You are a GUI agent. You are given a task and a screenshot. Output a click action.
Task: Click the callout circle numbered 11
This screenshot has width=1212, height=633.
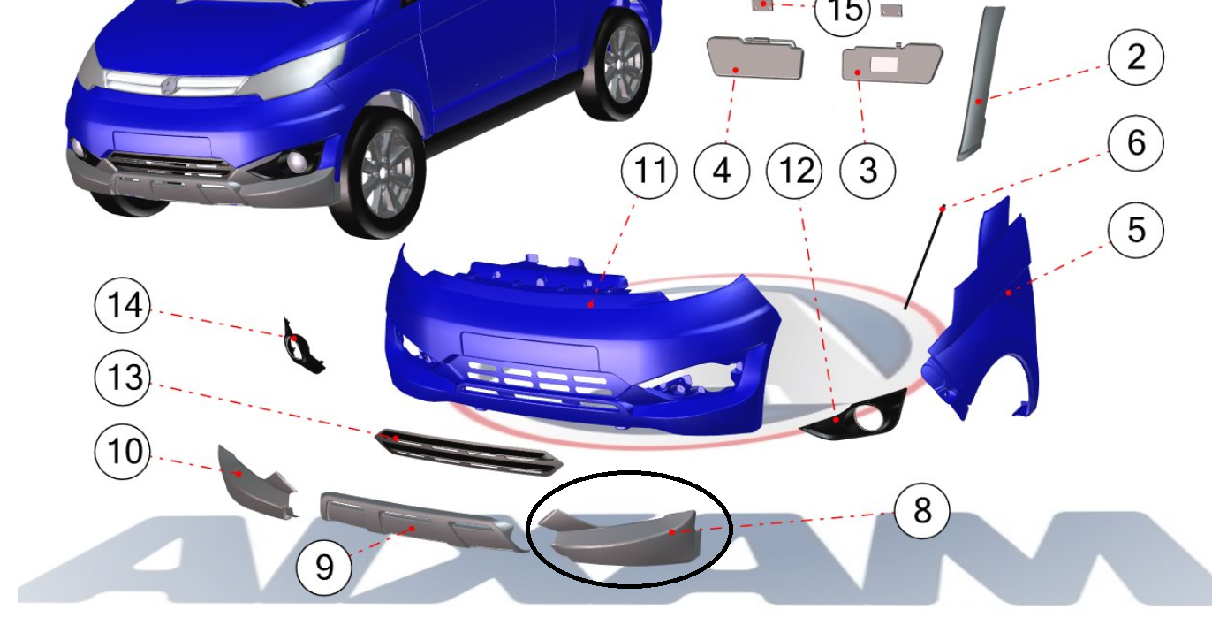[x=648, y=172]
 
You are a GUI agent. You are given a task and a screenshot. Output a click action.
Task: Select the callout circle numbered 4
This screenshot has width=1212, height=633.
[x=722, y=172]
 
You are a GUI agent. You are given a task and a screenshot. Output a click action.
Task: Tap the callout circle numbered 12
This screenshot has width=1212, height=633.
[x=794, y=172]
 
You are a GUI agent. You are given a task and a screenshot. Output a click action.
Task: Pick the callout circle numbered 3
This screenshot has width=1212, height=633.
[x=867, y=172]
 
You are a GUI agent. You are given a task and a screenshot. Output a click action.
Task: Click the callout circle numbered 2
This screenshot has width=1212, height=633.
[x=1136, y=57]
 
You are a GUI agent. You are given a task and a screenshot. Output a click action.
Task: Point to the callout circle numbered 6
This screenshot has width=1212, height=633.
[x=1136, y=143]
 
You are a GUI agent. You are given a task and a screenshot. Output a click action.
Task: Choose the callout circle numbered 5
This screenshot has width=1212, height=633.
[x=1136, y=230]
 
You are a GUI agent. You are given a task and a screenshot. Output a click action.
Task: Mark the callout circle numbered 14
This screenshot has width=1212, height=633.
[x=122, y=305]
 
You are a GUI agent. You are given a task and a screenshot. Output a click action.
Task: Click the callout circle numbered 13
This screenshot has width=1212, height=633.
[x=122, y=378]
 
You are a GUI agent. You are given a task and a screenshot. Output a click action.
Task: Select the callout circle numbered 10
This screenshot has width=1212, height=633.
[x=122, y=451]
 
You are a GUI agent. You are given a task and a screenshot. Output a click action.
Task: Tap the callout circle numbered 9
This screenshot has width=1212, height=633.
[x=324, y=568]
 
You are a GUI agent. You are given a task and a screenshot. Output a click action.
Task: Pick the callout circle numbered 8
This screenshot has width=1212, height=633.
[x=922, y=511]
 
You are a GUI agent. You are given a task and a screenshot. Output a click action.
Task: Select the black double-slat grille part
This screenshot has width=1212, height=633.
[x=468, y=453]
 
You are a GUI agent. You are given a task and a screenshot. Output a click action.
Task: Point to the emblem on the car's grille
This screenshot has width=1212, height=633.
[x=168, y=86]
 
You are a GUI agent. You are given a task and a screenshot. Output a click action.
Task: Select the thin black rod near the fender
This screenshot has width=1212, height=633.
[x=924, y=258]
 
